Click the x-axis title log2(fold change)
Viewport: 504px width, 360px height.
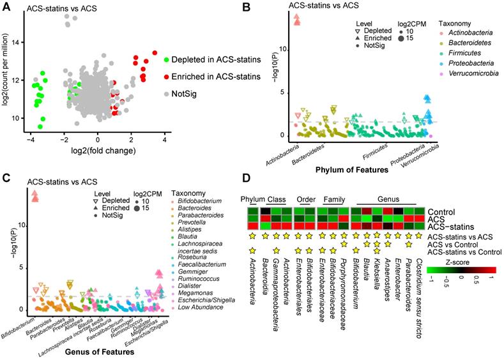point(98,151)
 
